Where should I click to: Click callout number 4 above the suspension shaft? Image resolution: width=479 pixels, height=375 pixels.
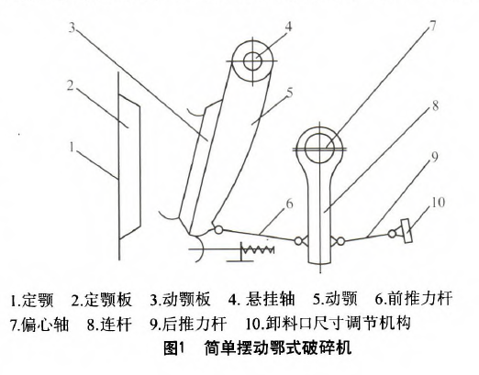(x=288, y=27)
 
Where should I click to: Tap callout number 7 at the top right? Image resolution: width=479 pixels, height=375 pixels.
(x=432, y=26)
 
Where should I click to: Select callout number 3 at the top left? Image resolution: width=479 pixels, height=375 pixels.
(x=72, y=28)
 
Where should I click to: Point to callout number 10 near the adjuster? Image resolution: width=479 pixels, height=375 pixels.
(x=438, y=203)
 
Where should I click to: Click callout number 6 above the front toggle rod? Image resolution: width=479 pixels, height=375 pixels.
(x=289, y=204)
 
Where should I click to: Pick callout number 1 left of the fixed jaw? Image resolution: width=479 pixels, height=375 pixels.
(x=72, y=148)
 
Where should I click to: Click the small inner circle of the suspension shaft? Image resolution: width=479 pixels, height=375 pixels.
(x=252, y=61)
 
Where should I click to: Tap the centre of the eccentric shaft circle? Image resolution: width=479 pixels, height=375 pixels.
(x=320, y=149)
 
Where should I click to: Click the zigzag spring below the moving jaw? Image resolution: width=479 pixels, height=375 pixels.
(x=258, y=249)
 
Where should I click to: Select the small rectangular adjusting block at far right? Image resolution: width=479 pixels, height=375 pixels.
(x=407, y=231)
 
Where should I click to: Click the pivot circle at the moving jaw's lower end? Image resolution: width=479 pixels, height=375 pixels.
(x=218, y=230)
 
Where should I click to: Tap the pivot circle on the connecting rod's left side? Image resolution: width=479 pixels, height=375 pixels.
(x=298, y=241)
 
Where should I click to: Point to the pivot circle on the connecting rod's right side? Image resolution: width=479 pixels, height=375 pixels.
(x=340, y=241)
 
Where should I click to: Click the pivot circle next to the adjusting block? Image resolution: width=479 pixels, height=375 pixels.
(x=392, y=234)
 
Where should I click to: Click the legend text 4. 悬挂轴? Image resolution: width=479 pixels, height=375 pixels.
(x=262, y=300)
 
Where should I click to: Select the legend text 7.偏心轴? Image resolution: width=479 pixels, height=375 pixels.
(x=39, y=324)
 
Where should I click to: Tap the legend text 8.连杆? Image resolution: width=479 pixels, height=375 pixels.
(x=109, y=324)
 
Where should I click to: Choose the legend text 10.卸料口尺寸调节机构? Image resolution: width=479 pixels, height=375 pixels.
(x=328, y=324)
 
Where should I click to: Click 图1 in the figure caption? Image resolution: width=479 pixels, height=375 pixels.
(x=174, y=348)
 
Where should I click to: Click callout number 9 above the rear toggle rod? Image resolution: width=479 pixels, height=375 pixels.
(x=434, y=157)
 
